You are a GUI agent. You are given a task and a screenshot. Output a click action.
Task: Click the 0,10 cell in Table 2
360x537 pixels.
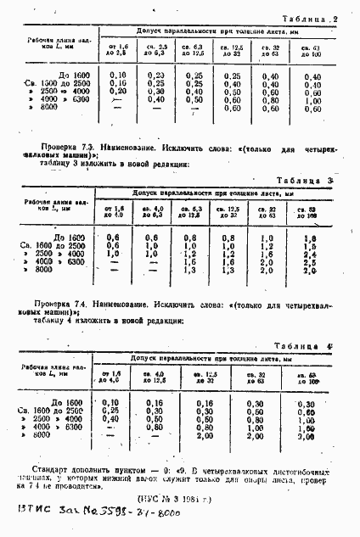[x=119, y=76]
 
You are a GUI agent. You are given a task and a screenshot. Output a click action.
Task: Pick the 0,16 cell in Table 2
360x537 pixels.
[x=119, y=85]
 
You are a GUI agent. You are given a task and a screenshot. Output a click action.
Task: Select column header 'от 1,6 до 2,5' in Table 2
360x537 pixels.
[x=117, y=51]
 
